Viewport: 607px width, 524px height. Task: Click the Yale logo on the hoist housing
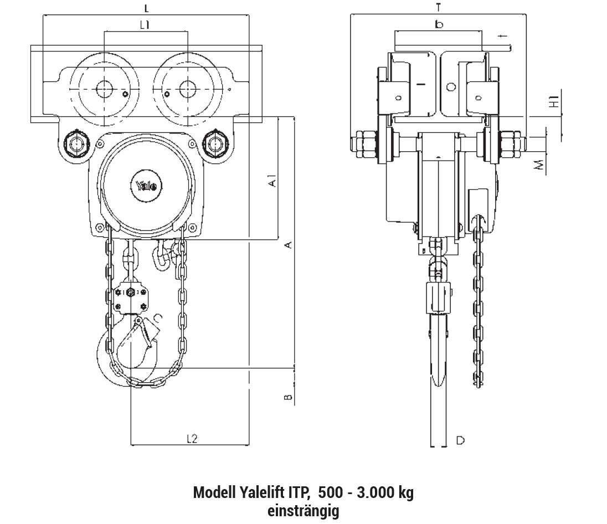tap(146, 186)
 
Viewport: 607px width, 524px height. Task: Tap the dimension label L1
tap(145, 25)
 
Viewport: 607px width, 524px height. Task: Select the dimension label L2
tap(192, 439)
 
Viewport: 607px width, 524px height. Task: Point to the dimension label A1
tap(273, 181)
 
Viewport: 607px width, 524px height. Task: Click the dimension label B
tap(288, 397)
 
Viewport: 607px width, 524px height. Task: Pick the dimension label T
tap(438, 7)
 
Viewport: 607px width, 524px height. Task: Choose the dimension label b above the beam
tap(439, 25)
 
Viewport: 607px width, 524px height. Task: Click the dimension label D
tap(460, 440)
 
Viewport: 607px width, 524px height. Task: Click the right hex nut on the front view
tap(214, 144)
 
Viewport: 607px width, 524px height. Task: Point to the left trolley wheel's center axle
tap(104, 89)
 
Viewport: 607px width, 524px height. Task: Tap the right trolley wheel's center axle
tap(187, 89)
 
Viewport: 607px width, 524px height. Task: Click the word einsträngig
tap(303, 511)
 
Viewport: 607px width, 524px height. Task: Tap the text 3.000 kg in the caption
tap(385, 492)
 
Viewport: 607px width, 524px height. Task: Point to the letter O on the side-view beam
tap(451, 87)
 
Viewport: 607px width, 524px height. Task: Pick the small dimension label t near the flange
tap(503, 36)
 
